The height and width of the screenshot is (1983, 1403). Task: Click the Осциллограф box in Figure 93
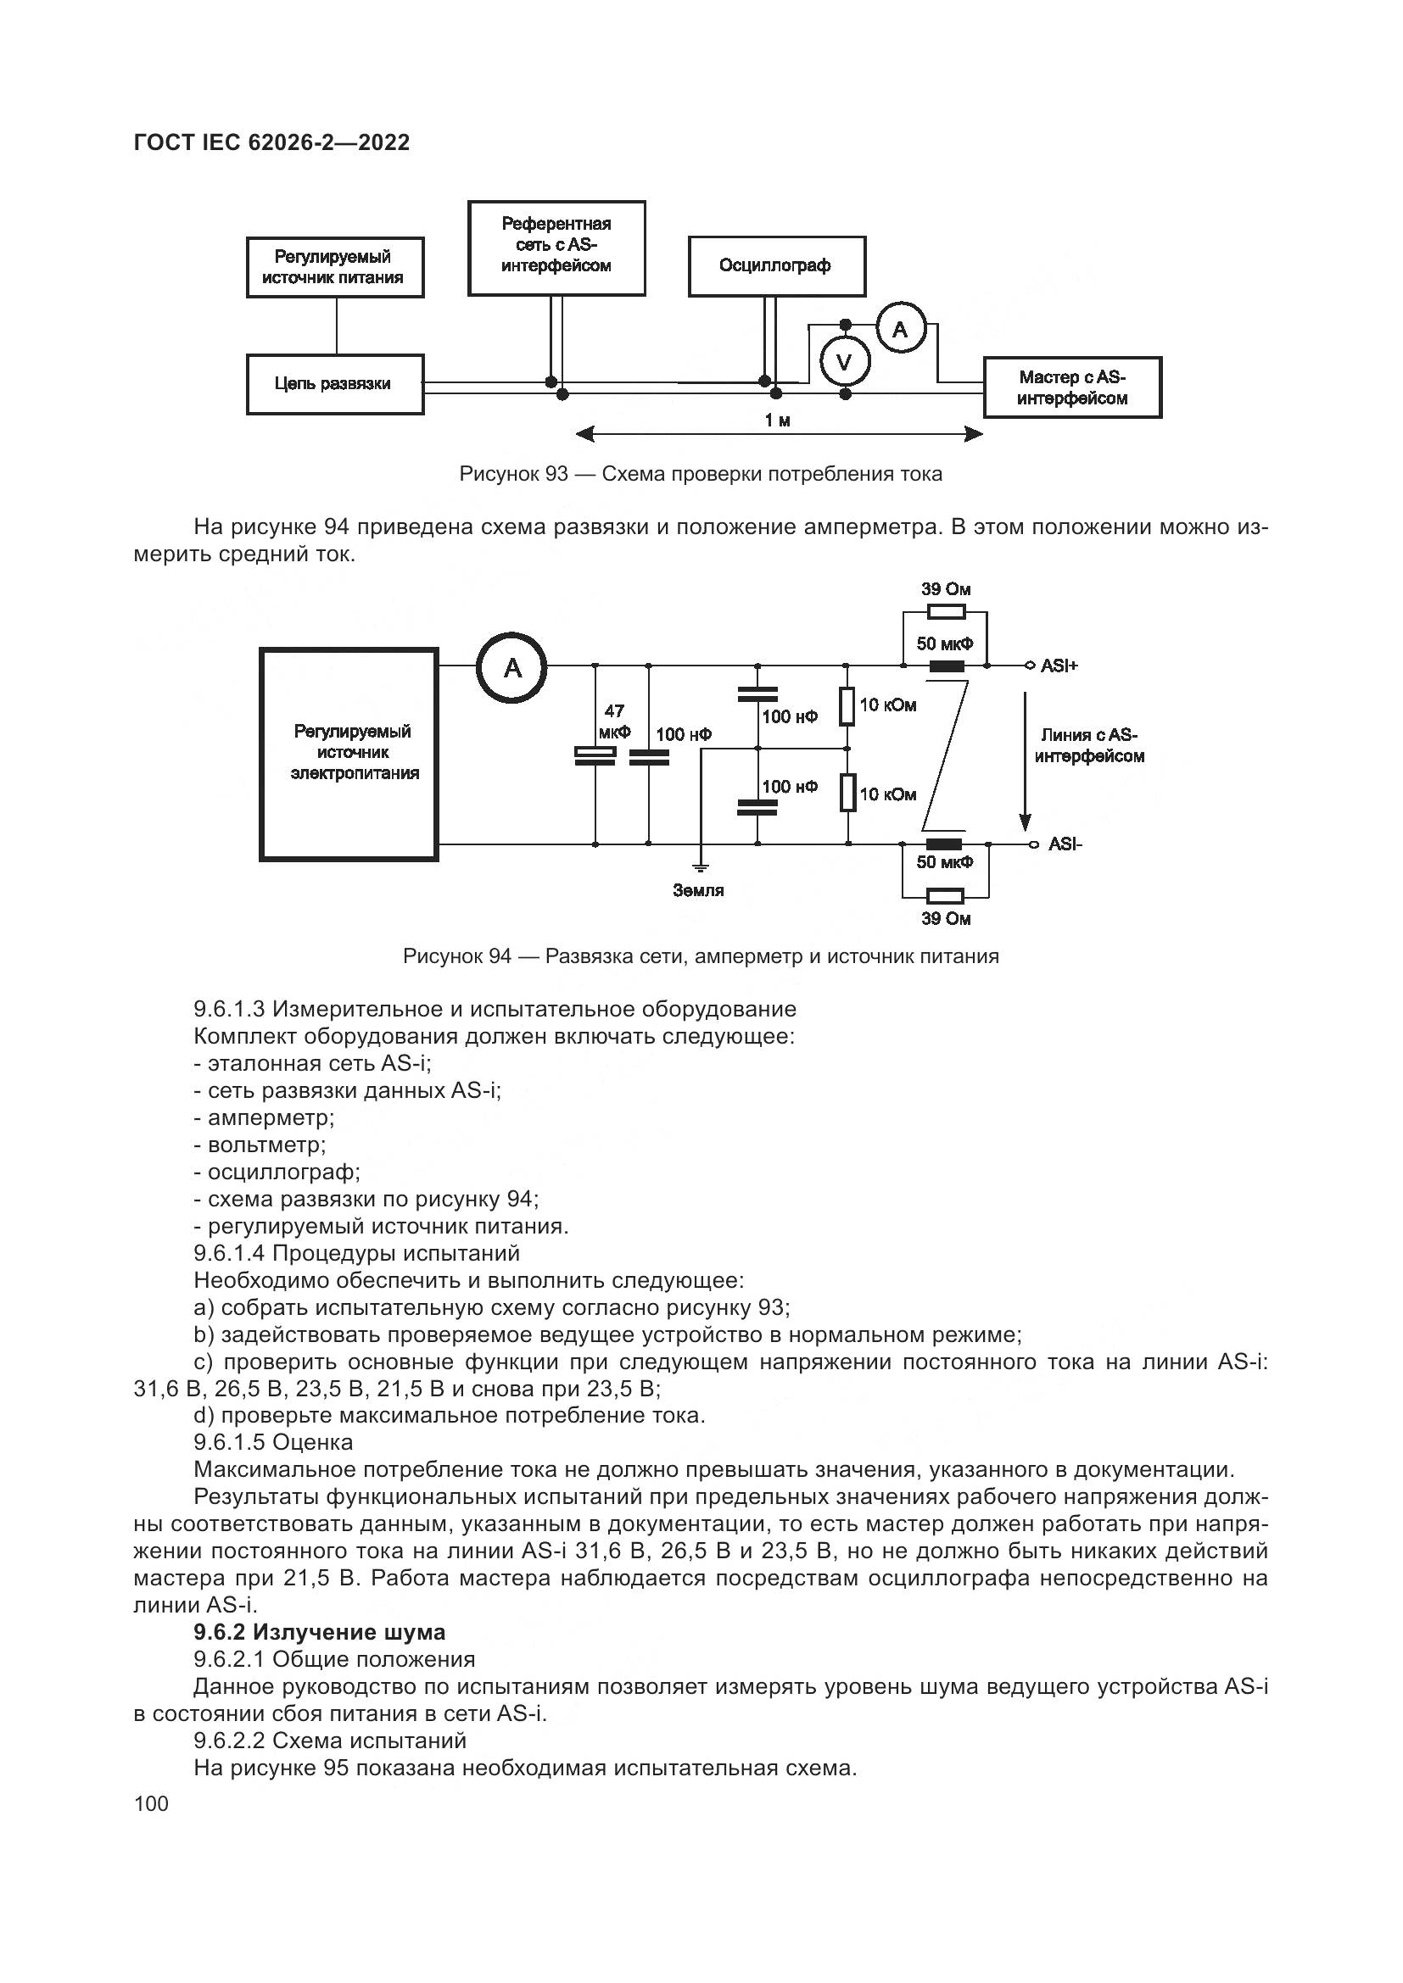click(x=776, y=266)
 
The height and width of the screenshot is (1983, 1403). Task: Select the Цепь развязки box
click(x=334, y=384)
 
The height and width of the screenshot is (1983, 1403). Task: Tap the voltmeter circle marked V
click(x=845, y=362)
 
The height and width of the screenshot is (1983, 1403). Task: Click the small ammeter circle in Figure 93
click(x=900, y=329)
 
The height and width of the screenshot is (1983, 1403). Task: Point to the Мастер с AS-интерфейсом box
click(x=1072, y=387)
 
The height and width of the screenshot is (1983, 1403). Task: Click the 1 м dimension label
click(x=778, y=421)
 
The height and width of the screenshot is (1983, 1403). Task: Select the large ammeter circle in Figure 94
click(x=512, y=667)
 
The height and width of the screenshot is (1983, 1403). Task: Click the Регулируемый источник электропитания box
click(x=349, y=754)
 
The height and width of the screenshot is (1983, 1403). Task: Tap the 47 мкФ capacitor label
click(x=613, y=721)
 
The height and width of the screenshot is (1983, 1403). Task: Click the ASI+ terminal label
click(x=1059, y=666)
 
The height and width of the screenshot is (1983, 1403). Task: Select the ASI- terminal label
click(x=1065, y=844)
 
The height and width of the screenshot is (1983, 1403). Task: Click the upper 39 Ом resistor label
click(x=945, y=590)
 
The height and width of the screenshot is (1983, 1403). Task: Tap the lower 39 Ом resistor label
click(x=945, y=919)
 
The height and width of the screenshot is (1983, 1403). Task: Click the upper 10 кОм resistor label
click(x=888, y=705)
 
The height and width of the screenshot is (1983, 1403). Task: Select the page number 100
click(x=152, y=1803)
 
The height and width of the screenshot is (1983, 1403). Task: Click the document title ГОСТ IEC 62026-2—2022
click(x=272, y=143)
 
